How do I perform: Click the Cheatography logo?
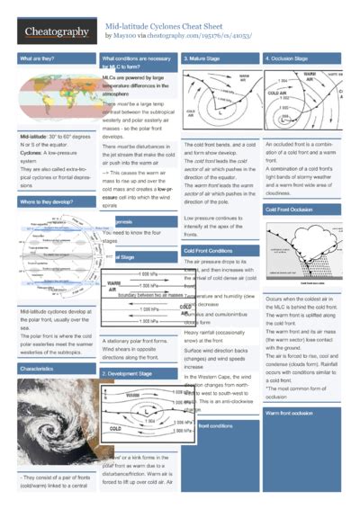pos(55,32)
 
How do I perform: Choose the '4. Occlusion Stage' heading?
pos(292,59)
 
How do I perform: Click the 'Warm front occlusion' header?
pos(290,412)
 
